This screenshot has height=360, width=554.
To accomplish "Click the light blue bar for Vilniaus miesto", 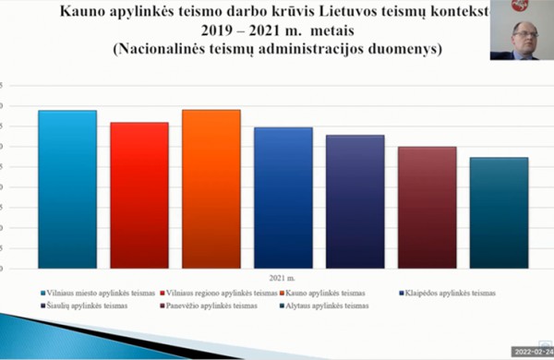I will pyautogui.click(x=67, y=189).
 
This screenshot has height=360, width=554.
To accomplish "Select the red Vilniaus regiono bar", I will pyautogui.click(x=139, y=195).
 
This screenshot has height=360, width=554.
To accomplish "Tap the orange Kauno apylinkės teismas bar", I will pyautogui.click(x=211, y=188).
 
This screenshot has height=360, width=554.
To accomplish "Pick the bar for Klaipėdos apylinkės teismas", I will pyautogui.click(x=283, y=198).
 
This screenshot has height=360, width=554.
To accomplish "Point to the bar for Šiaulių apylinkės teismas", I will pyautogui.click(x=355, y=201).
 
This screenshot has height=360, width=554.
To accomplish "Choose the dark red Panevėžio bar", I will pyautogui.click(x=428, y=207).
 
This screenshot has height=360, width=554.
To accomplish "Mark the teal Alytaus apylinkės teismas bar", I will pyautogui.click(x=499, y=212).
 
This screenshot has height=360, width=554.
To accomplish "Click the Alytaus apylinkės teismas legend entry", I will pyautogui.click(x=326, y=306).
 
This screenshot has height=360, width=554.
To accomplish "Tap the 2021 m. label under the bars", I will pyautogui.click(x=283, y=278).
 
